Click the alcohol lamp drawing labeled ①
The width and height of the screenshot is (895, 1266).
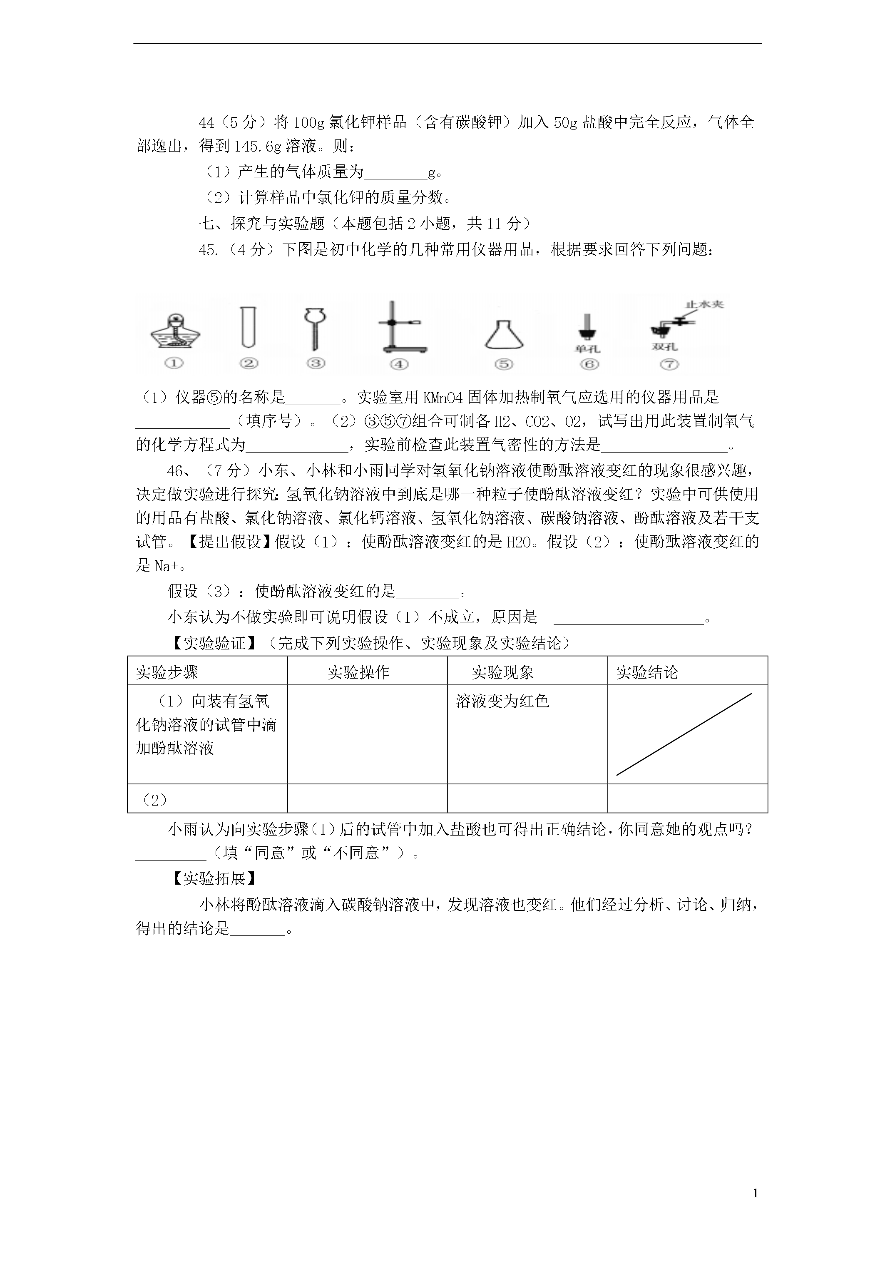[175, 331]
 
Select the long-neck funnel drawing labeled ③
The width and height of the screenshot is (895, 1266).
[316, 328]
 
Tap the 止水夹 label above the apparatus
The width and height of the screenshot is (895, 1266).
[704, 304]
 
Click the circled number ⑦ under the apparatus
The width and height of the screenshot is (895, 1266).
[669, 364]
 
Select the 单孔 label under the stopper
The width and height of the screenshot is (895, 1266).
[587, 348]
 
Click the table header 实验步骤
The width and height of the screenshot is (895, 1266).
[167, 672]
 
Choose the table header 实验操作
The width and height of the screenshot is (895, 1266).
[358, 672]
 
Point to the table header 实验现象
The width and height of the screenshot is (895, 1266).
[502, 672]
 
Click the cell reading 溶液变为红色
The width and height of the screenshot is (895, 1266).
[502, 701]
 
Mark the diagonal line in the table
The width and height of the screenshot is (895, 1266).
[684, 734]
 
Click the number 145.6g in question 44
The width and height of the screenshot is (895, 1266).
[258, 147]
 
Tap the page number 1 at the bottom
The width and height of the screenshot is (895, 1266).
[755, 1193]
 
